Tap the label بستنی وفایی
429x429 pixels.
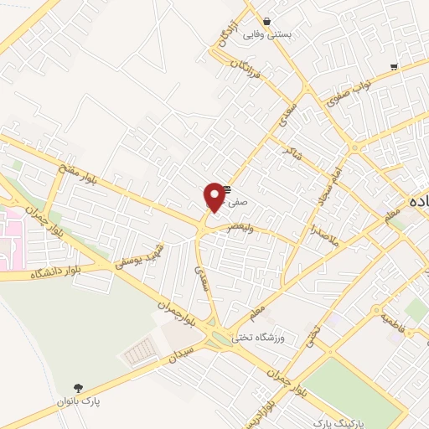(266, 35)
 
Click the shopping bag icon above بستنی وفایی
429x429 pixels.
(266, 22)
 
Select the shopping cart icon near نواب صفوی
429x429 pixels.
(394, 66)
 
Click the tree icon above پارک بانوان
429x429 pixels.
(78, 388)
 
